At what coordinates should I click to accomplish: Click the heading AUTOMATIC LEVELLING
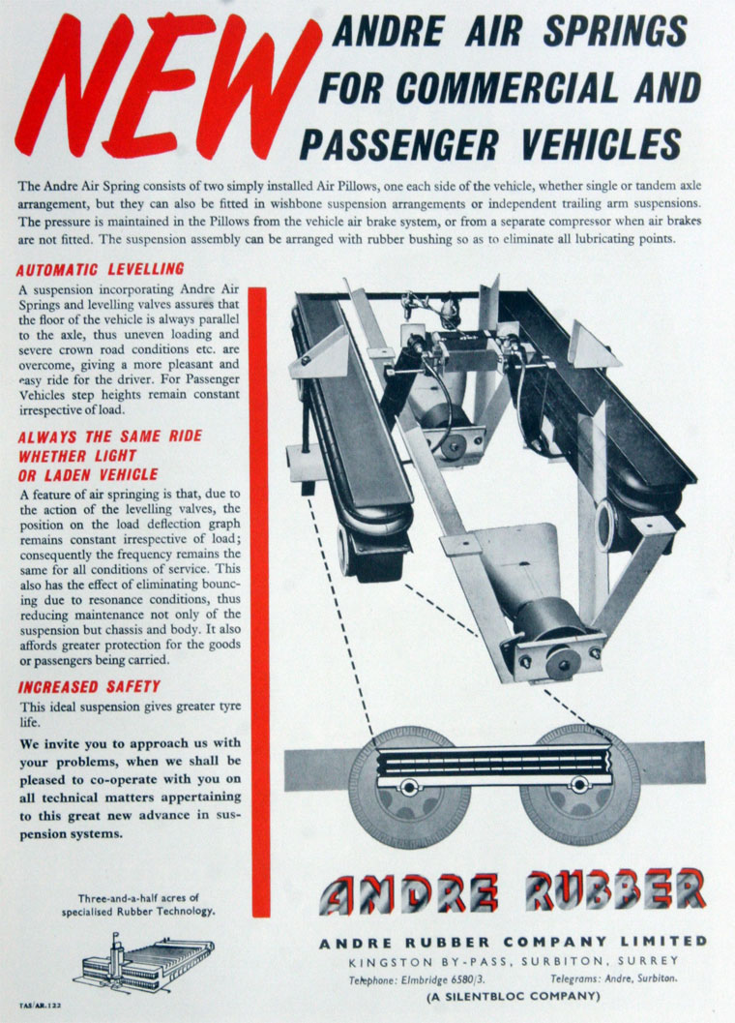[100, 269]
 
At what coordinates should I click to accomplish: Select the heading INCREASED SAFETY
[88, 687]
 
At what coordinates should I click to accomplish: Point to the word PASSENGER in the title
[400, 144]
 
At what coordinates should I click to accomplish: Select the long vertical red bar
[259, 600]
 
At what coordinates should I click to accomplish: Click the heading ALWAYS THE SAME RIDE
[109, 436]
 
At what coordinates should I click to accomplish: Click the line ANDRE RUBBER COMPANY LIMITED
[514, 941]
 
